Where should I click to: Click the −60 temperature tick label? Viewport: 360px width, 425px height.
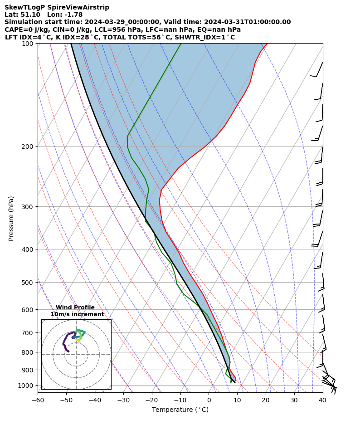[38, 400]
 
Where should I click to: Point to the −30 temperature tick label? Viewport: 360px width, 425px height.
[123, 400]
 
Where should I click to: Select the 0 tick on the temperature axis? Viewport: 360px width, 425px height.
[209, 400]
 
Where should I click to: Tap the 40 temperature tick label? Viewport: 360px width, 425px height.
[323, 400]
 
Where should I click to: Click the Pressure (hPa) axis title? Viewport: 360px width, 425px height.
[11, 218]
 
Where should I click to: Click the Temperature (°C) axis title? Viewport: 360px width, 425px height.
[180, 410]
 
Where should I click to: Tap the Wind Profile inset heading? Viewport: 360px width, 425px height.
[75, 308]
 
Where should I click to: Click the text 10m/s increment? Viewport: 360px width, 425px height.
[77, 314]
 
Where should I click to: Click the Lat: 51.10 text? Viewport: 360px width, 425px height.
[22, 15]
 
